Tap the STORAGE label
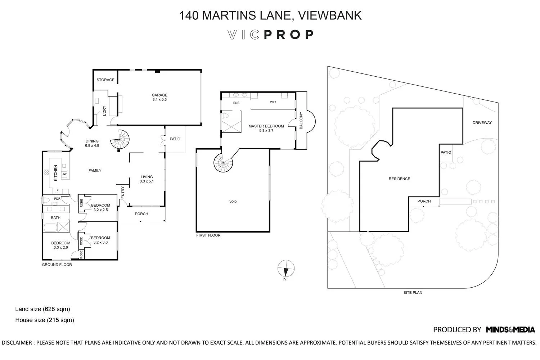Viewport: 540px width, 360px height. pyautogui.click(x=105, y=80)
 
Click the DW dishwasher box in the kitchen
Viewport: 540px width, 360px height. pyautogui.click(x=64, y=174)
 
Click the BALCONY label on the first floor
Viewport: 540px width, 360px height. pyautogui.click(x=301, y=121)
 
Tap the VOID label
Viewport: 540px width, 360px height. pyautogui.click(x=233, y=202)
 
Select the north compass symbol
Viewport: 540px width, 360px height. pyautogui.click(x=286, y=269)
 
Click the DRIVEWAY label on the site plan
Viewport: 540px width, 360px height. pyautogui.click(x=482, y=123)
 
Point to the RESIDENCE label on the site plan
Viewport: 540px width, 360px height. pyautogui.click(x=399, y=179)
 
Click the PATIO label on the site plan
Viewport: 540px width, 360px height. pyautogui.click(x=446, y=152)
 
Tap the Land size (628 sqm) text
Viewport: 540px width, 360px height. pyautogui.click(x=42, y=309)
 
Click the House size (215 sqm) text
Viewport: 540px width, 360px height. pyautogui.click(x=45, y=320)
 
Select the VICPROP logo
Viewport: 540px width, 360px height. pyautogui.click(x=271, y=35)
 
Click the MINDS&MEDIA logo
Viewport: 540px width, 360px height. pyautogui.click(x=510, y=329)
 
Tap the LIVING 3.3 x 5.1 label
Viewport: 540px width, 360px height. pyautogui.click(x=147, y=179)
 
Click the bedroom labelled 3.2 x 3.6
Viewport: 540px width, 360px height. pyautogui.click(x=100, y=240)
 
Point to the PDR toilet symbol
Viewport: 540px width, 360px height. pyautogui.click(x=46, y=199)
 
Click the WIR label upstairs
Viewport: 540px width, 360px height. pyautogui.click(x=273, y=102)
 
